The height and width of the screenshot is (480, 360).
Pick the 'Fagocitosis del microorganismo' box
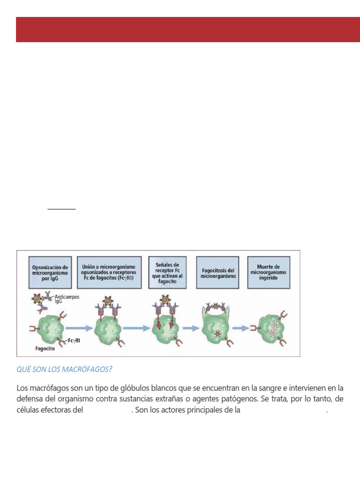click(x=217, y=271)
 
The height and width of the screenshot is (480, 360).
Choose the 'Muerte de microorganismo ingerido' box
click(x=269, y=271)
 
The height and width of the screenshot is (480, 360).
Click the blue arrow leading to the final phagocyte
click(x=240, y=328)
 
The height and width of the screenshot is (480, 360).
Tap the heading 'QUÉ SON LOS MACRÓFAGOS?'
click(x=64, y=369)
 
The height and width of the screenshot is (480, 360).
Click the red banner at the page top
click(x=187, y=30)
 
